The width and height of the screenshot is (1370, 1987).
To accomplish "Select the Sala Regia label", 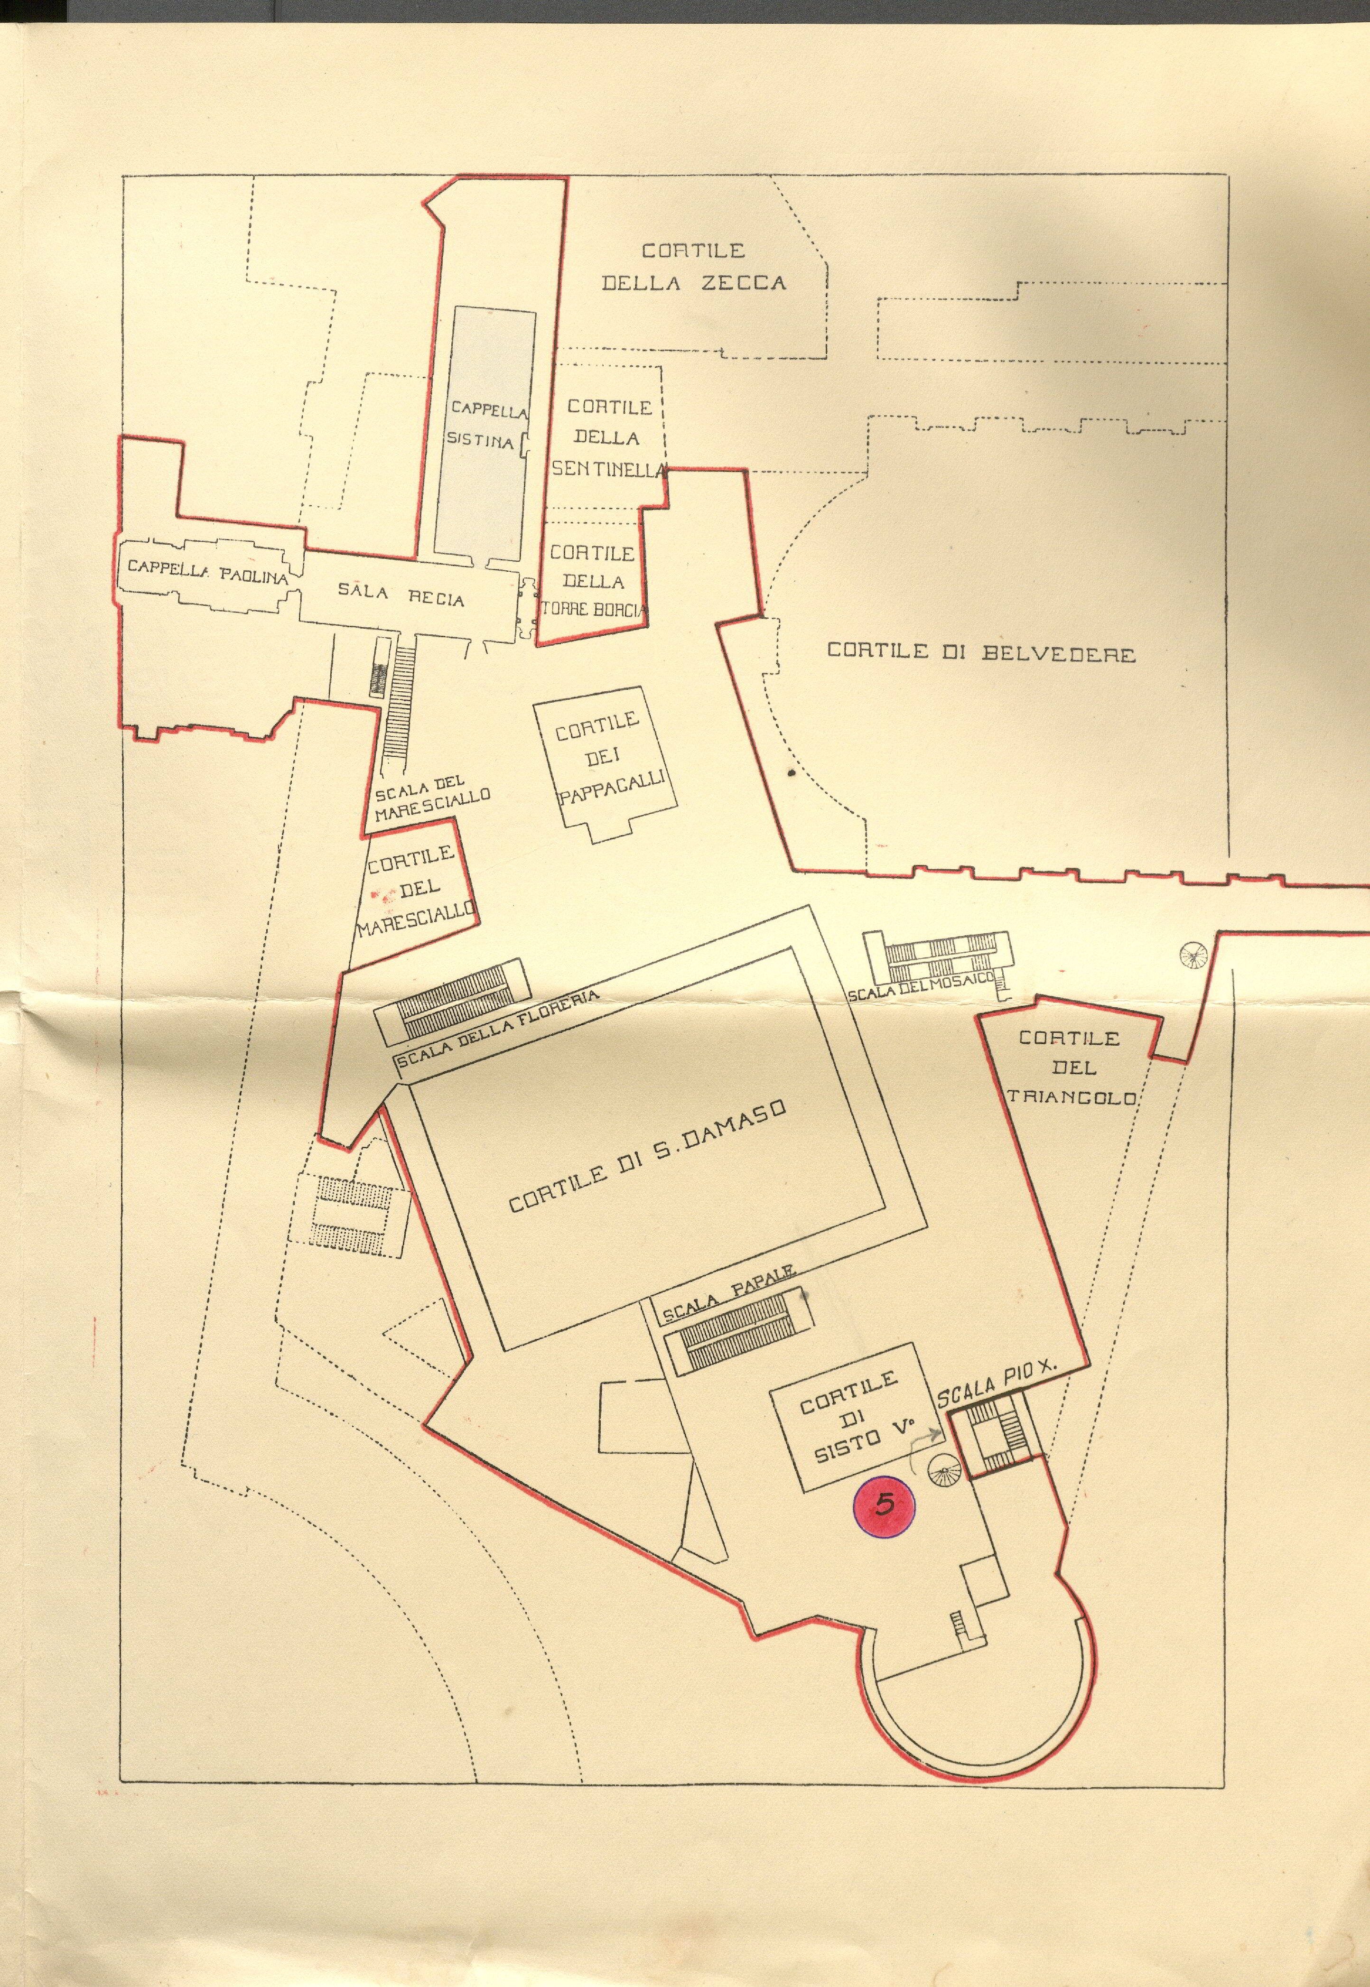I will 401,594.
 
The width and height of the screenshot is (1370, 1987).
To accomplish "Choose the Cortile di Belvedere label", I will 980,652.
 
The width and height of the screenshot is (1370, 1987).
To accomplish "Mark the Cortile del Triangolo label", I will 1071,1068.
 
